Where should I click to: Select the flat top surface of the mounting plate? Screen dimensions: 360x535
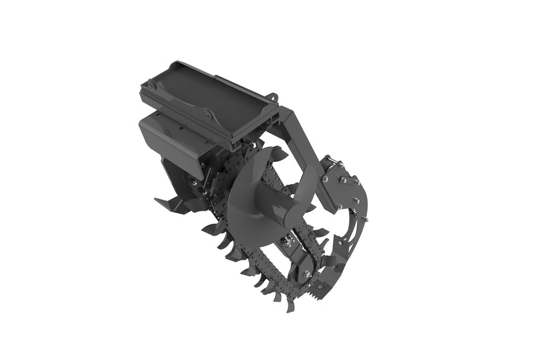tap(201, 94)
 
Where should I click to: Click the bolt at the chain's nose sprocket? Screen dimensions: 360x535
tap(306, 273)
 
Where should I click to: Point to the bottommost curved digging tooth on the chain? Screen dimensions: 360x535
tap(290, 304)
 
